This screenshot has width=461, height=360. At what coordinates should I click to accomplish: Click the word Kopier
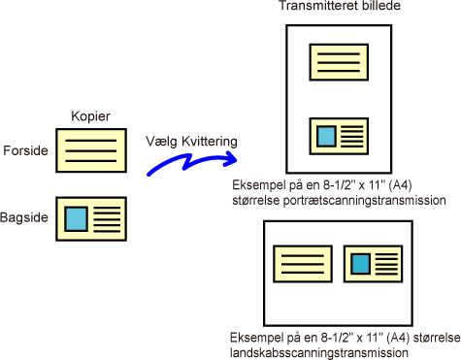[x=90, y=116]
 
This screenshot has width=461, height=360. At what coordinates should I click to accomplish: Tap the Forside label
[x=25, y=150]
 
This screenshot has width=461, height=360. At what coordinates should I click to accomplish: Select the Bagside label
[x=24, y=217]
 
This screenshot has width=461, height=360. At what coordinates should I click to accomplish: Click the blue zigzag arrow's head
[x=231, y=158]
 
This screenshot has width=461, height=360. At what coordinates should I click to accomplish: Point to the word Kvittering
[x=210, y=142]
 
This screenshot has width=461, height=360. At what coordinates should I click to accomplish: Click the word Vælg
[x=161, y=142]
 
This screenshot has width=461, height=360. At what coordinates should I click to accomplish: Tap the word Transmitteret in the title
[x=318, y=6]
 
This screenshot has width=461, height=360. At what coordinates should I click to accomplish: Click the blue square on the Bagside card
[x=76, y=219]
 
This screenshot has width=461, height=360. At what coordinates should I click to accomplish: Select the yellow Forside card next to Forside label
[x=91, y=150]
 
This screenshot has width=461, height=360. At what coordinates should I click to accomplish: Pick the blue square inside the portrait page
[x=326, y=136]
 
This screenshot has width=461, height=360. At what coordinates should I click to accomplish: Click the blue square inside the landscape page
[x=361, y=264]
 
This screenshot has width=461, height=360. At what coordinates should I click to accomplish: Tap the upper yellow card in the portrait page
[x=339, y=62]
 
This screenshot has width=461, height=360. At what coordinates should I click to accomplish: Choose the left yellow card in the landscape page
[x=303, y=264]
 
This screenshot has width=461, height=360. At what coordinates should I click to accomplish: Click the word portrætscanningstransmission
[x=365, y=201]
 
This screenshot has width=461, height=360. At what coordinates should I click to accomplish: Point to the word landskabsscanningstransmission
[x=319, y=352]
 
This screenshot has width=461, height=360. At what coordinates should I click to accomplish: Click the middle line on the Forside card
[x=91, y=150]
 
